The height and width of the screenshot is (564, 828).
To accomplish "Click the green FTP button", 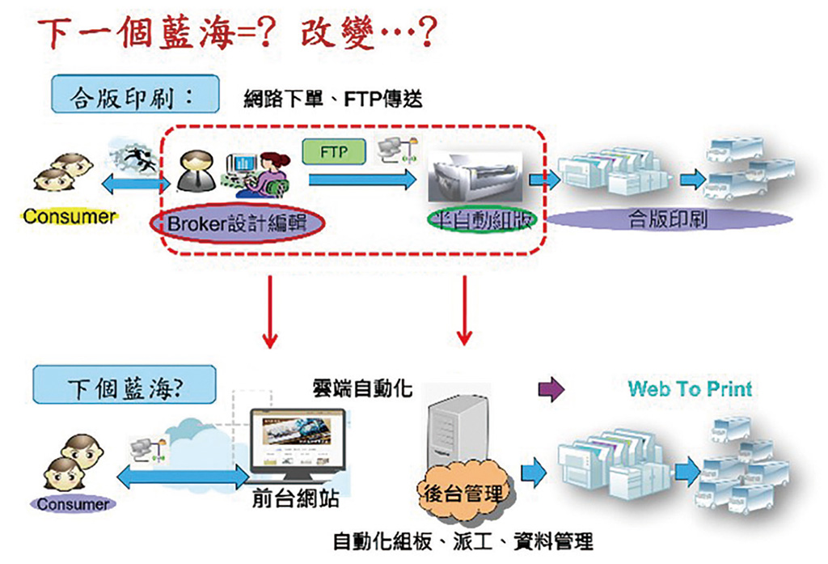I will (334, 151).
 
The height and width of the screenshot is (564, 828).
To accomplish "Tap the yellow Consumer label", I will (70, 216).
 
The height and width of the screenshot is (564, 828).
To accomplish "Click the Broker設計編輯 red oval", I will (237, 223).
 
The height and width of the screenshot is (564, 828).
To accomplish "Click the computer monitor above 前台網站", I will (297, 442).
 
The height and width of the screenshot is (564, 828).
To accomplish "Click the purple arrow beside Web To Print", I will (551, 390).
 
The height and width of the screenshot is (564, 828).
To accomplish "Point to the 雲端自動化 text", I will (362, 388).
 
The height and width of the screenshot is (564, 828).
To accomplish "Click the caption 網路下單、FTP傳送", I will (333, 99).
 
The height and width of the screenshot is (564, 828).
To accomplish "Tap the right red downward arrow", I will (464, 312).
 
